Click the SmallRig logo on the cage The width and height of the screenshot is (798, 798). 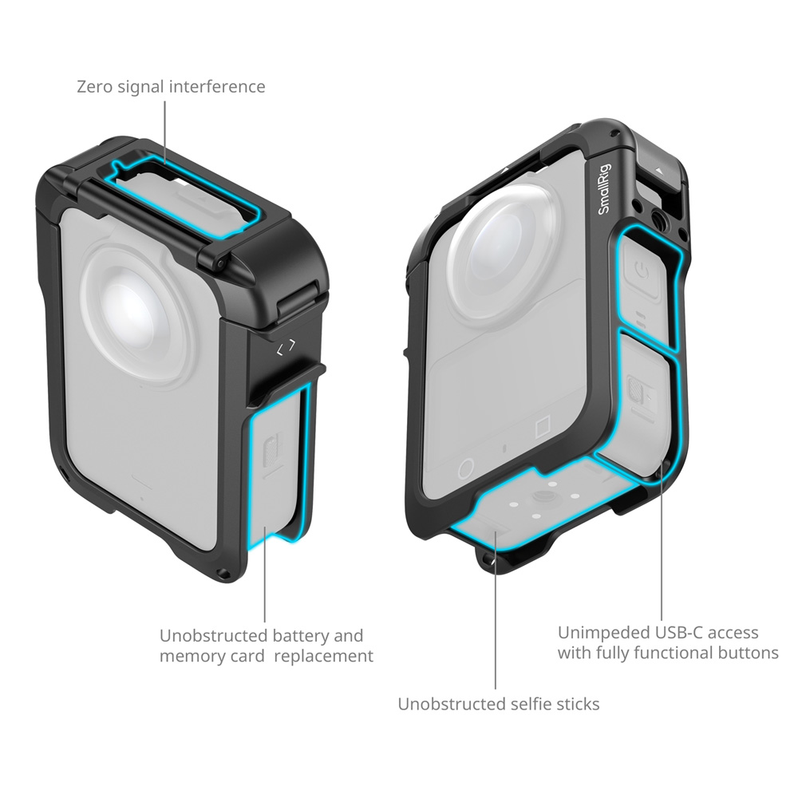click(604, 188)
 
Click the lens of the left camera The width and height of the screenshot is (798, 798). click(137, 311)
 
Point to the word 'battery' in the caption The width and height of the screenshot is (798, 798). click(296, 636)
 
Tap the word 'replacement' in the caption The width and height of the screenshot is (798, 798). click(324, 656)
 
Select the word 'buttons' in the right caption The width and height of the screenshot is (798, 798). click(749, 653)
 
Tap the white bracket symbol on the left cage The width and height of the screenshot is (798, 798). click(286, 348)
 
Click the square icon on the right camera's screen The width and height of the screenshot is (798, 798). click(543, 426)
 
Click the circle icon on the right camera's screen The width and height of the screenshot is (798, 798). click(466, 468)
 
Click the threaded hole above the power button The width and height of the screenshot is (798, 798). click(656, 210)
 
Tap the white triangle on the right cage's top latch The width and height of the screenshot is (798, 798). click(659, 172)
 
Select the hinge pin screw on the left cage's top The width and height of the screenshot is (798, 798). click(220, 263)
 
